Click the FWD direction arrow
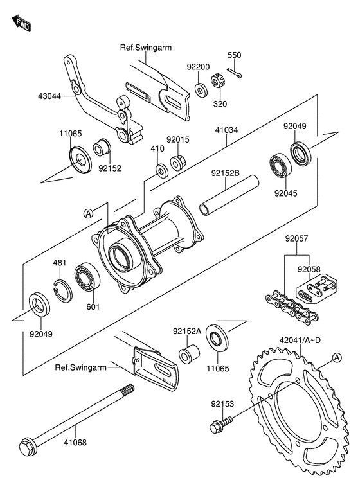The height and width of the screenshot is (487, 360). (22, 23)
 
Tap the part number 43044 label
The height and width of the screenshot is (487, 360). (50, 96)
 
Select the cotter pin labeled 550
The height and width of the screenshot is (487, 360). (234, 73)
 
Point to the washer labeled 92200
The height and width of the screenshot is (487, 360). (202, 89)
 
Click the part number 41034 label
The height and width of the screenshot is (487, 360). (226, 130)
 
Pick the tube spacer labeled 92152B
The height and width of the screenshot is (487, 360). (229, 195)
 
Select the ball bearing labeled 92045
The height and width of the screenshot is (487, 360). (280, 164)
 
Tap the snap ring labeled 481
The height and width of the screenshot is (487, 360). (62, 290)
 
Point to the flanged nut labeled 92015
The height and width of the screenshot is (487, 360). (178, 163)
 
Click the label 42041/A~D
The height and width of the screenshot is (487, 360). (300, 340)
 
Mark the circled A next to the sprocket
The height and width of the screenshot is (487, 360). (337, 358)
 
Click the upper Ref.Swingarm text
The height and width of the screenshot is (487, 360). (146, 48)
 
